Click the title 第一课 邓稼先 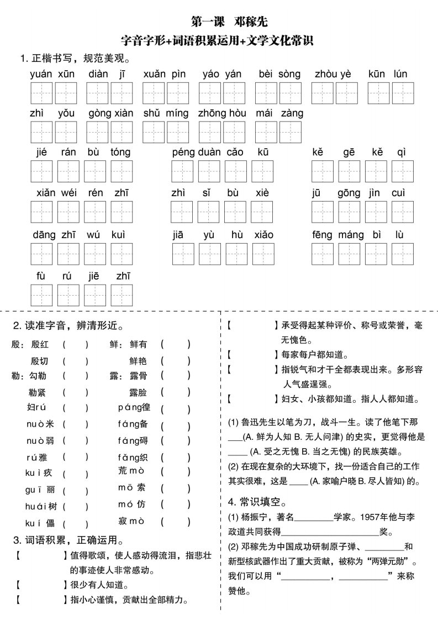click(229, 22)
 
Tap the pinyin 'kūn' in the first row click(377, 74)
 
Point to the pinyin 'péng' click(182, 153)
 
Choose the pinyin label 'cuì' click(399, 193)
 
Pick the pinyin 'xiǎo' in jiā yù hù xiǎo click(263, 234)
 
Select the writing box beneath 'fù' click(42, 295)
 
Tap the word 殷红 click(40, 344)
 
